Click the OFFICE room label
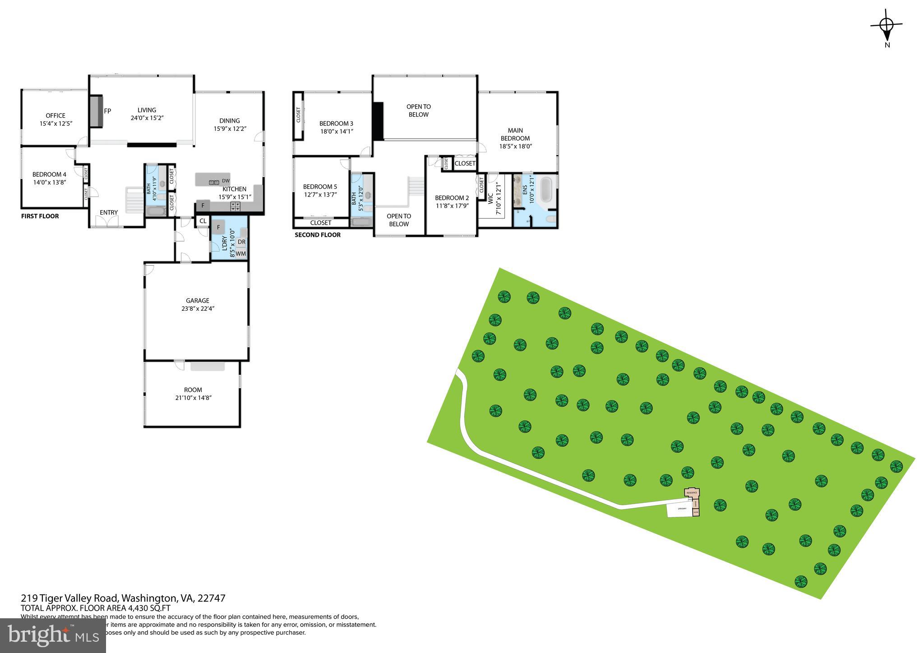[55, 119]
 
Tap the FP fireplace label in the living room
[108, 111]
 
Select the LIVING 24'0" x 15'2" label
[147, 114]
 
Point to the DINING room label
[230, 124]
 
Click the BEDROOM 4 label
[49, 178]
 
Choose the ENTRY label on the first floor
[109, 212]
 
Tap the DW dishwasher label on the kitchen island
[226, 181]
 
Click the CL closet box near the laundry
[203, 221]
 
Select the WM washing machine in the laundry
[241, 253]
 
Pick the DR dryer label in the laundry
[241, 242]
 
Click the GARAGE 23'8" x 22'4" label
[198, 304]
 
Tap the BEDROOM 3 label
[336, 127]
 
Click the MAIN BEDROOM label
[515, 138]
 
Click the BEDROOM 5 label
[320, 190]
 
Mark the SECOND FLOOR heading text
[318, 235]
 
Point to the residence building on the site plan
[692, 492]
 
